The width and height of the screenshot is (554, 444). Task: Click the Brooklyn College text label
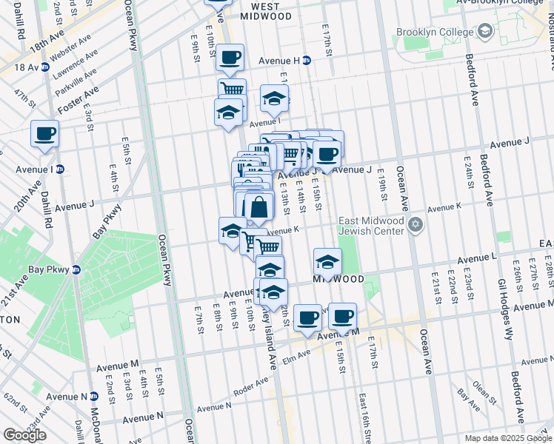(x=434, y=33)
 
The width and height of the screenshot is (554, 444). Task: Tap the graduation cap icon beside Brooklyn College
(x=485, y=32)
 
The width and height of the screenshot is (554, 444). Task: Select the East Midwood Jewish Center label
(x=371, y=226)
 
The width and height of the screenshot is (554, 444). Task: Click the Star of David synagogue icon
(x=415, y=224)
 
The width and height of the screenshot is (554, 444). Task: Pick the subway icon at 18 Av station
(x=45, y=67)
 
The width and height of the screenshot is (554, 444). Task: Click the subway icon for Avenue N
(x=93, y=397)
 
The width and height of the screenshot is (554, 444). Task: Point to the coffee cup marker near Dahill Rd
(x=44, y=134)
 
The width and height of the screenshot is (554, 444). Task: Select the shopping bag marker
(x=258, y=206)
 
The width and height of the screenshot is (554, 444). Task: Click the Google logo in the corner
(x=24, y=435)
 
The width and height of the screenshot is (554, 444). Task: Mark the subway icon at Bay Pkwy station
(x=74, y=270)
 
